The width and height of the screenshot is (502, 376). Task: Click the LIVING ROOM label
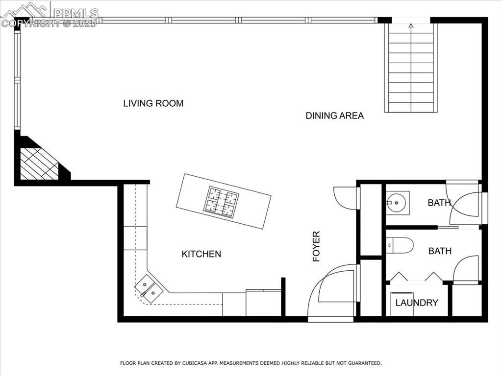point(153,103)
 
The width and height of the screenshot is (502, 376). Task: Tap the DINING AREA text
point(334,116)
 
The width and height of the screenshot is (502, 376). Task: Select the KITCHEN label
point(201,254)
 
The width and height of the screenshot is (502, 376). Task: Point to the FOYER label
point(316,247)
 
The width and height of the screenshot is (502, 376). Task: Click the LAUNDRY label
point(417,303)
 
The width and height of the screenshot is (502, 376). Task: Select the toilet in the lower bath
point(399,245)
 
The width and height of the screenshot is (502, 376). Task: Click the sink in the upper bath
point(397,203)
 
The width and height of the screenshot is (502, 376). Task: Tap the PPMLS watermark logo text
point(76,13)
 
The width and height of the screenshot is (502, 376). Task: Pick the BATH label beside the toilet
point(440,251)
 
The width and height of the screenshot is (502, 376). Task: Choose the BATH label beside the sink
point(439,203)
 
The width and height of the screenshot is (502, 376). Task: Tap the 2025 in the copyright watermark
point(84,23)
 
